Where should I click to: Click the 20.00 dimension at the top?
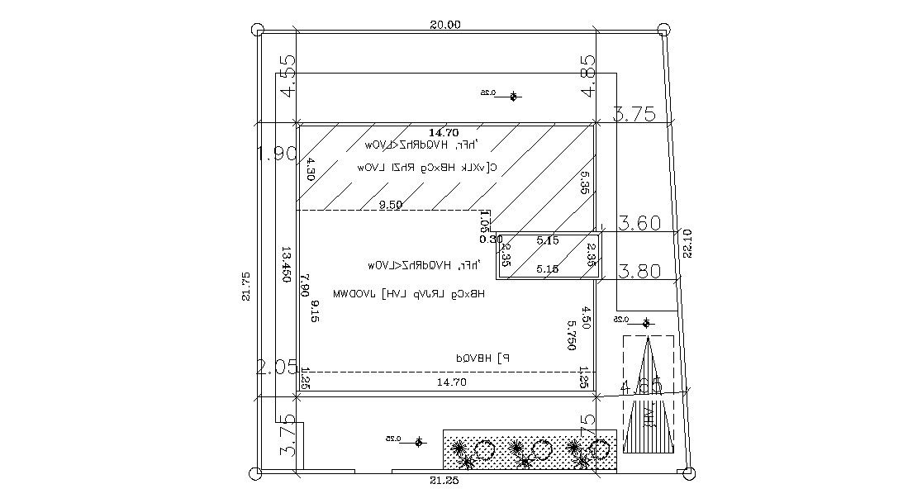tap(444, 25)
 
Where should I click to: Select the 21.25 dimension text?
tap(444, 481)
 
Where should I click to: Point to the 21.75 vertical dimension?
tap(245, 286)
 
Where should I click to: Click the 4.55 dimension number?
tap(288, 76)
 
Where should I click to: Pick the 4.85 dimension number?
tap(587, 76)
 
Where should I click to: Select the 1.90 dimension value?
tap(276, 154)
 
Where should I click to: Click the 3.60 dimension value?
tap(639, 223)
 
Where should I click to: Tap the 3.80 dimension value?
tap(639, 271)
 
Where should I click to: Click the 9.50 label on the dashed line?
tap(391, 204)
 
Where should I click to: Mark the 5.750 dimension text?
tap(571, 335)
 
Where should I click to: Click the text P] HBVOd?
tap(484, 358)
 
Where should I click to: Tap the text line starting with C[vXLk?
tap(426, 167)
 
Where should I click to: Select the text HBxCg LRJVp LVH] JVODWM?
tap(408, 293)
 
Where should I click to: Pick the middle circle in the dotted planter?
tap(541, 450)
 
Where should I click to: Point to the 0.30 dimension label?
tap(491, 239)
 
